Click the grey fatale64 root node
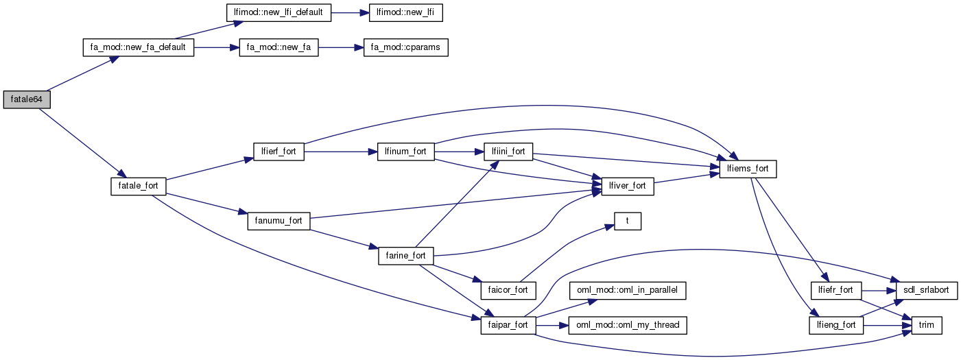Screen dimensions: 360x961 (x=27, y=100)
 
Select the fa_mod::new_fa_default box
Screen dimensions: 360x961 (x=138, y=49)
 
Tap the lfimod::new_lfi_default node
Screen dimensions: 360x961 (x=278, y=13)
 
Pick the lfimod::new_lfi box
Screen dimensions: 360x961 (x=406, y=13)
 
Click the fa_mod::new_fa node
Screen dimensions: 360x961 (x=278, y=49)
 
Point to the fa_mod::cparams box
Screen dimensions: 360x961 (x=405, y=49)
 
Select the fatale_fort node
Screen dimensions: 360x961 (x=138, y=186)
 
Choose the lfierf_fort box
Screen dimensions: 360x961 (x=278, y=152)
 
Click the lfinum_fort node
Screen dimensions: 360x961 (x=406, y=152)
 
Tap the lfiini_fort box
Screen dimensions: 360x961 (x=508, y=152)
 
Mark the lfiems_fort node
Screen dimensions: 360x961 (x=748, y=169)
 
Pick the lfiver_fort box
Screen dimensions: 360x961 (x=627, y=186)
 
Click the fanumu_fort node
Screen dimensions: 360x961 (x=278, y=221)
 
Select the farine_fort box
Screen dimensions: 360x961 (x=406, y=256)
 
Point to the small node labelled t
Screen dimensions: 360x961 (x=627, y=221)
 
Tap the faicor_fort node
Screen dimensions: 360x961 (x=508, y=290)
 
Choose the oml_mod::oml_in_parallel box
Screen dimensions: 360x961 (x=627, y=290)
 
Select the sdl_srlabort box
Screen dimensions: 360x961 (x=923, y=290)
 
